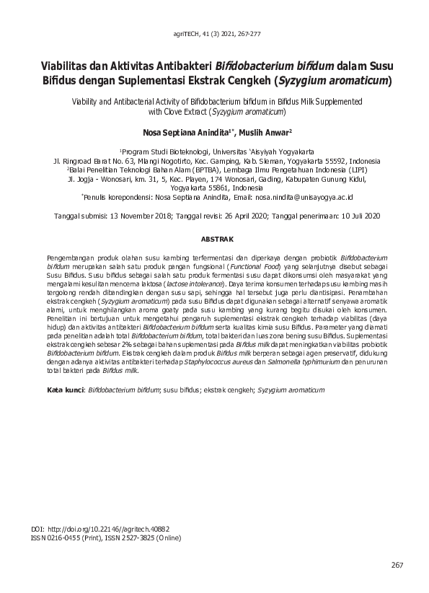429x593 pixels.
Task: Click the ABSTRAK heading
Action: (x=214, y=237)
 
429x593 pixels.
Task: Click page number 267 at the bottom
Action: (x=396, y=564)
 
